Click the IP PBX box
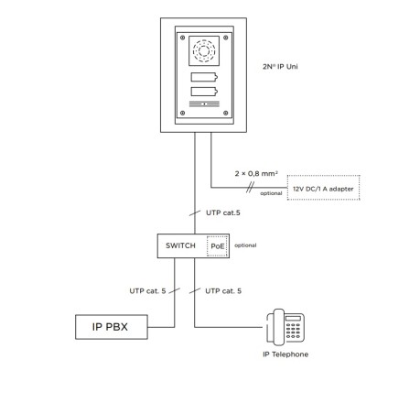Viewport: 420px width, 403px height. (112, 327)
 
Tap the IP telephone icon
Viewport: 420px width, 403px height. (285, 327)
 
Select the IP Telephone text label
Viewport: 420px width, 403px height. (285, 354)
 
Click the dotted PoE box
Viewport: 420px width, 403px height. (217, 246)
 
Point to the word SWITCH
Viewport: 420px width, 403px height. (180, 245)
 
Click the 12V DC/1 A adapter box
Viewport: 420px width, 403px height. (323, 188)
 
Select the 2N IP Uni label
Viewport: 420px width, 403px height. (280, 67)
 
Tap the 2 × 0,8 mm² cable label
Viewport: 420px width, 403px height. (256, 174)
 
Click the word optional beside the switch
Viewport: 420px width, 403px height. (245, 245)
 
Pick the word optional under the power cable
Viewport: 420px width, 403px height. (271, 193)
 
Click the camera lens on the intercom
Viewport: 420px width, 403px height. (204, 50)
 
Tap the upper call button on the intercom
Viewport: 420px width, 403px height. (204, 77)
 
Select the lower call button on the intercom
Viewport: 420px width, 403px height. (204, 92)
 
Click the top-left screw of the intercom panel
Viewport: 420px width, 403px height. (182, 38)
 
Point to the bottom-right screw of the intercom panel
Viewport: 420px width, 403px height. (226, 113)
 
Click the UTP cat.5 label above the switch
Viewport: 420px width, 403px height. (223, 212)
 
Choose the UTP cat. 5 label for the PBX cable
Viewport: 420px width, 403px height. (147, 291)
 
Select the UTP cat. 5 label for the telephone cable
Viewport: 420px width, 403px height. (223, 291)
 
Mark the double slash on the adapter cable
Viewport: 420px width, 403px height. (250, 188)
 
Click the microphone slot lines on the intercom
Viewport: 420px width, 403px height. (204, 104)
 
